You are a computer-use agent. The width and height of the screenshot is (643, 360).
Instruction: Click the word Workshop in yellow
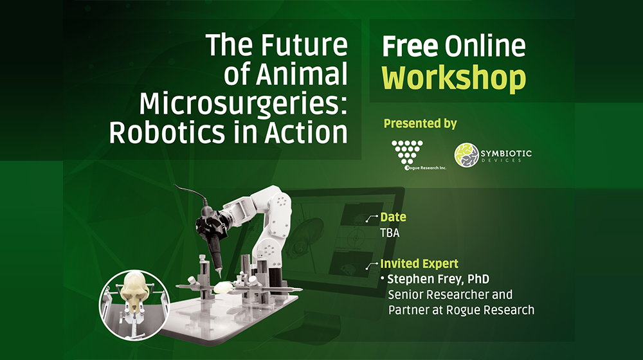pos(453,78)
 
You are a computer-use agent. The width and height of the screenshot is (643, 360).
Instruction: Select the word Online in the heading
pos(485,46)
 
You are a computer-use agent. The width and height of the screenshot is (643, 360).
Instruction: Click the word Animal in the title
pos(302,74)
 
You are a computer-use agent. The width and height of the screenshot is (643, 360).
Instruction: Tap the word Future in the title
pos(304,45)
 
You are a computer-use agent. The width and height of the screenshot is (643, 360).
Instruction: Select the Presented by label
pos(421,123)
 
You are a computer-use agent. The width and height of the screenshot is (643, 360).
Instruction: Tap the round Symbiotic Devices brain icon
pos(467,155)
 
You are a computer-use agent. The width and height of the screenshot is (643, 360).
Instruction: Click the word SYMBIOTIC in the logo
pos(506,154)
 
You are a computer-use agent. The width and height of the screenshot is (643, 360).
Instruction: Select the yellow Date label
pos(393,217)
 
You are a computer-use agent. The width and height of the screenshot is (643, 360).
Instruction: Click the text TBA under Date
pos(390,233)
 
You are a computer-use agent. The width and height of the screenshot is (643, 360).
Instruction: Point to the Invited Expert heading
pos(419,264)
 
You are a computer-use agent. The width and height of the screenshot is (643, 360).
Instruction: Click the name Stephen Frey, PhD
pos(438,279)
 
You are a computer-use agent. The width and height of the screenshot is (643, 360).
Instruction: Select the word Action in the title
pos(306,132)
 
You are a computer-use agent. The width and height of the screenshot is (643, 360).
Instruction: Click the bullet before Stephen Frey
pos(383,278)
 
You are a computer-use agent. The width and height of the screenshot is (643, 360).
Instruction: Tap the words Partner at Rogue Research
pos(461,310)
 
